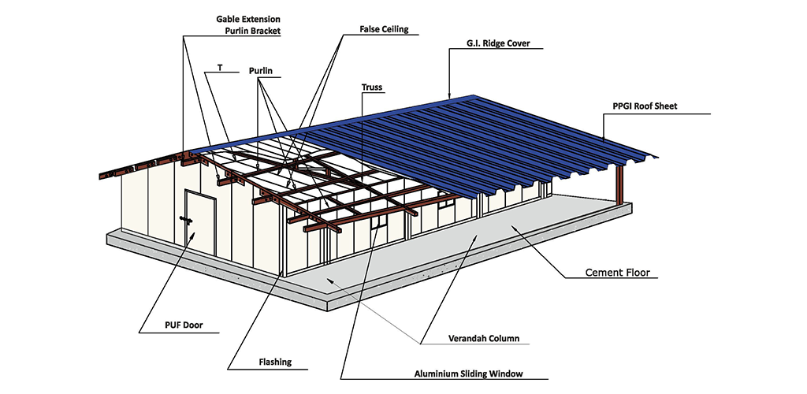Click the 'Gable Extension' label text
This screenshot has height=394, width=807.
248,19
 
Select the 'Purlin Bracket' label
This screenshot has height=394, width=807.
253,31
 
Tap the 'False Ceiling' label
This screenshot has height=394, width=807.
384,29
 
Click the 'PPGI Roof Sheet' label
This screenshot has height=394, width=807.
645,106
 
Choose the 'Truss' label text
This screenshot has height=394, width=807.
372,87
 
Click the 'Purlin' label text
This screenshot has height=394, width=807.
260,70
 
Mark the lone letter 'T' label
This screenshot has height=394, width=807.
221,68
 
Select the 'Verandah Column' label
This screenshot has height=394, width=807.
484,339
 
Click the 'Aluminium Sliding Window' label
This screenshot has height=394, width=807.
468,374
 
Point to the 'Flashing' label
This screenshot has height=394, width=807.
275,362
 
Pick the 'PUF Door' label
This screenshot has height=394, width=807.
184,325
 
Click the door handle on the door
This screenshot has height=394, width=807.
186,220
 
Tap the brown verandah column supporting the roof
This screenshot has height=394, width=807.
619,184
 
